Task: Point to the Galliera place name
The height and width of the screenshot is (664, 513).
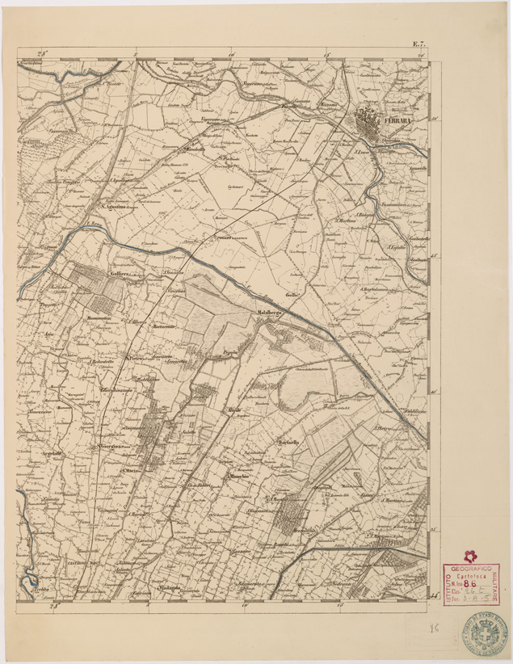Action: [116, 275]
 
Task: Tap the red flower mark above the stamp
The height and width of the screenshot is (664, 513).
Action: [469, 553]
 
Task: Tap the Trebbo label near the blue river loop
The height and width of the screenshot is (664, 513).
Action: [43, 591]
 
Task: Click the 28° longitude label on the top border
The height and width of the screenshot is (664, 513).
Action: [48, 53]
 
